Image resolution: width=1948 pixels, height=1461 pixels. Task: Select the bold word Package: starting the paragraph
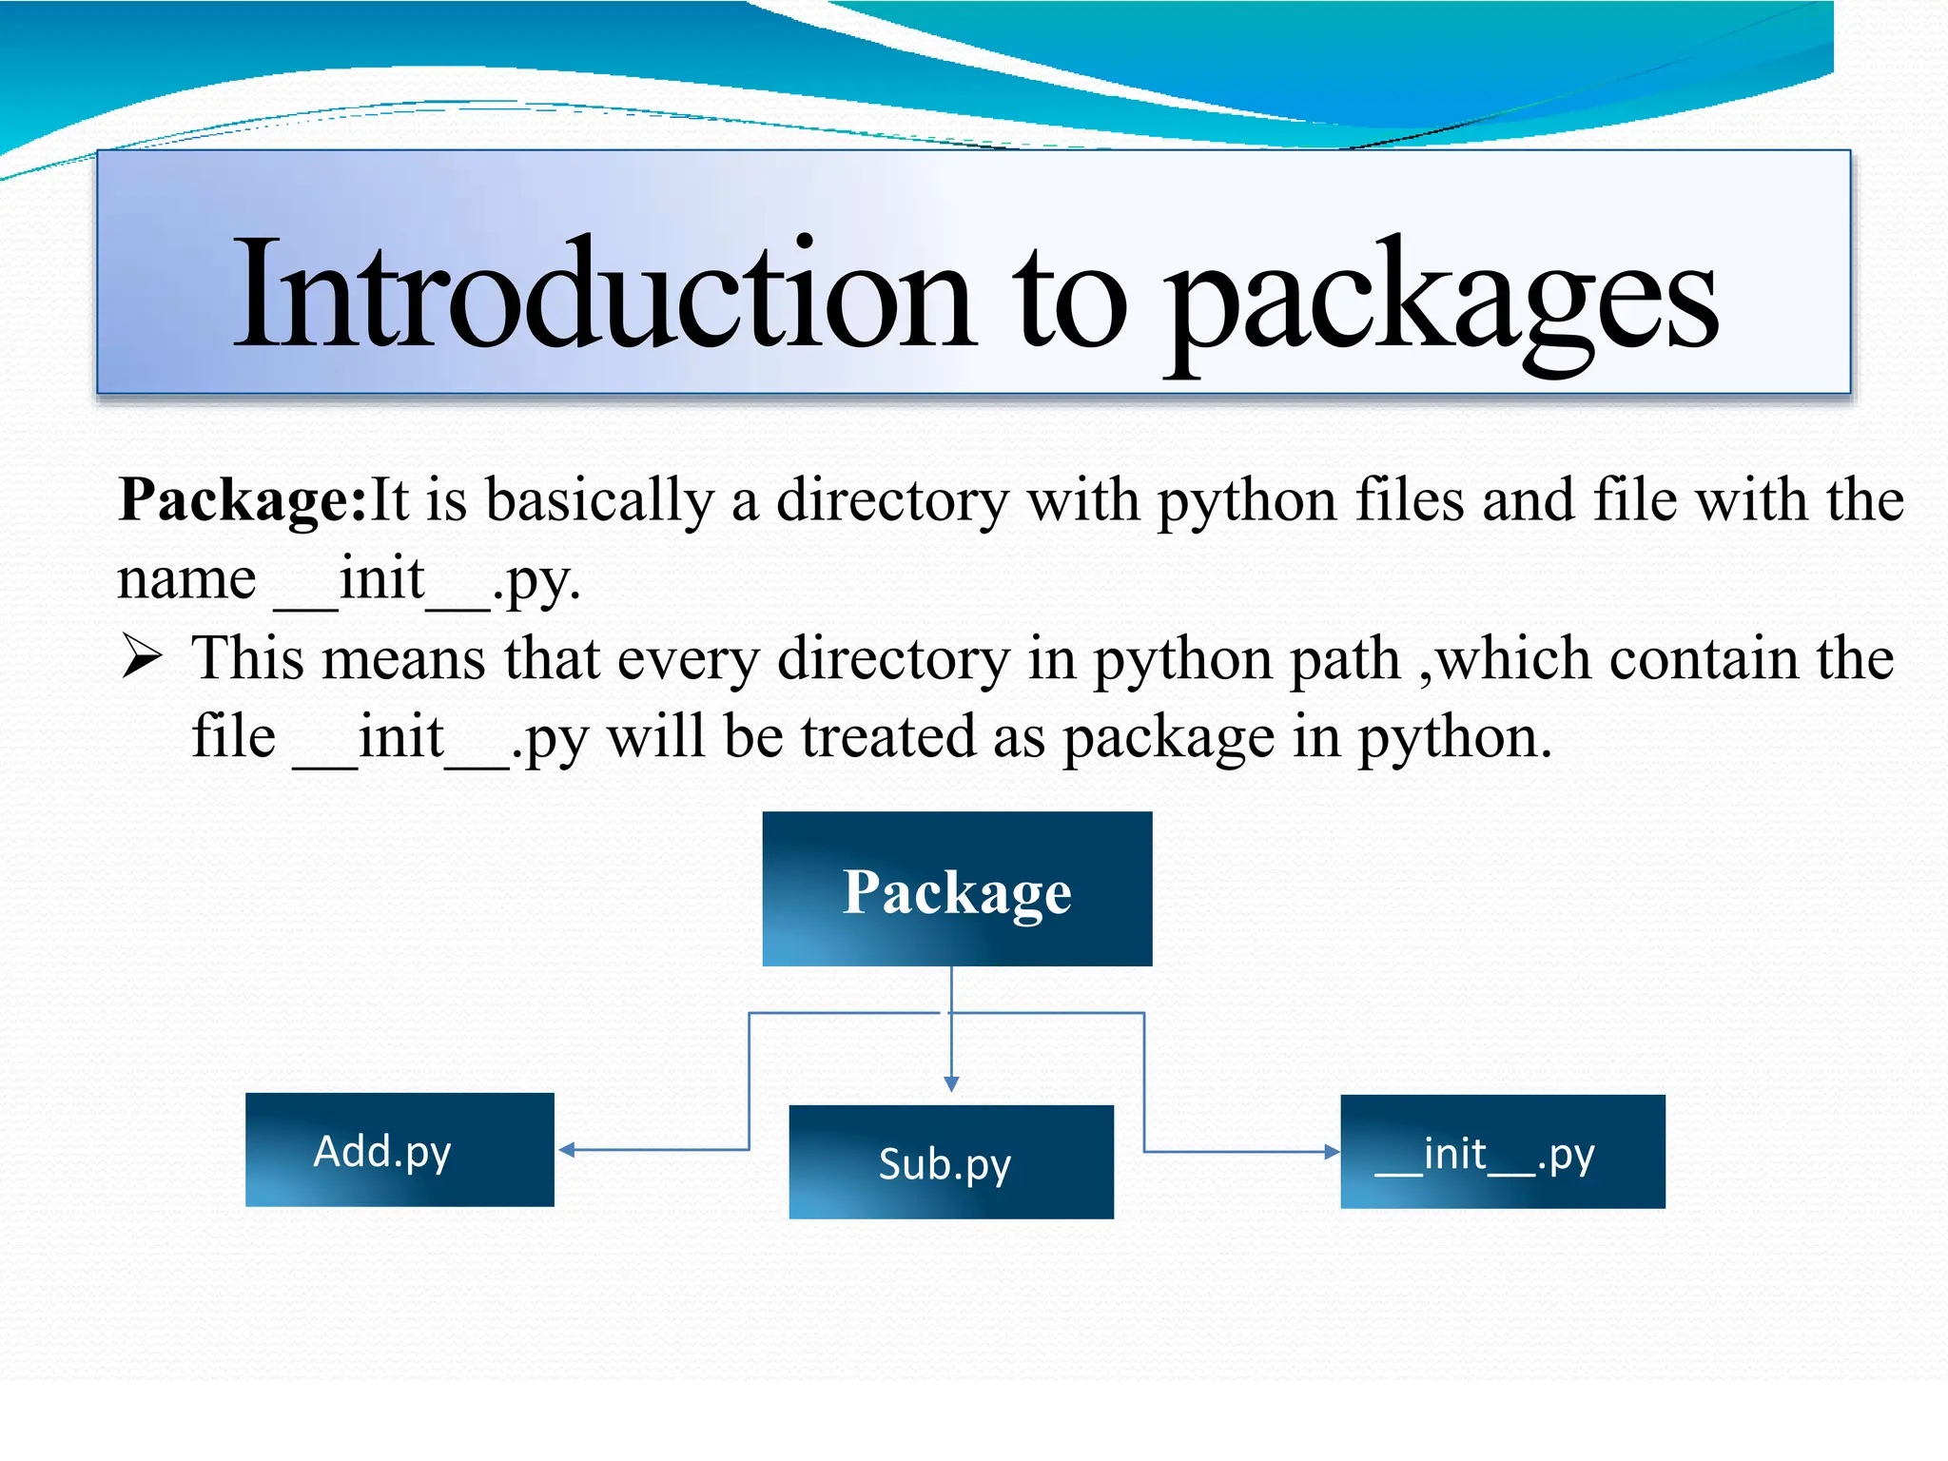click(242, 500)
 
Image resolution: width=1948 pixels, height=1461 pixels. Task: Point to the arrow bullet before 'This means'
click(143, 657)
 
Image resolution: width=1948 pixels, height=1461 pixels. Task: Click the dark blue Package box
click(957, 889)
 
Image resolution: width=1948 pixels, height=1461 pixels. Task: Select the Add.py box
click(399, 1150)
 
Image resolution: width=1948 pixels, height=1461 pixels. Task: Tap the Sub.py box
click(951, 1162)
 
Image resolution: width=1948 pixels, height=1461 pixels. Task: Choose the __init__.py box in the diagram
click(1502, 1152)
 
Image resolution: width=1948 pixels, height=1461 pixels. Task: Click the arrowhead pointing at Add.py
click(567, 1150)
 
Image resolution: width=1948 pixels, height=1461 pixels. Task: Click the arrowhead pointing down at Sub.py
click(951, 1084)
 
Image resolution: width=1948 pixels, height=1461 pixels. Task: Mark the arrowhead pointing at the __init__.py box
click(1332, 1152)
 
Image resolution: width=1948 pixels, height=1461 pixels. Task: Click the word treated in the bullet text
click(888, 737)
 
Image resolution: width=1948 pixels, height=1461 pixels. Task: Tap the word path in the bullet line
click(1345, 658)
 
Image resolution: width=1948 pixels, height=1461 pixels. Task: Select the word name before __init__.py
click(186, 579)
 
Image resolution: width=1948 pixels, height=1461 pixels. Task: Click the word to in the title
click(1069, 299)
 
